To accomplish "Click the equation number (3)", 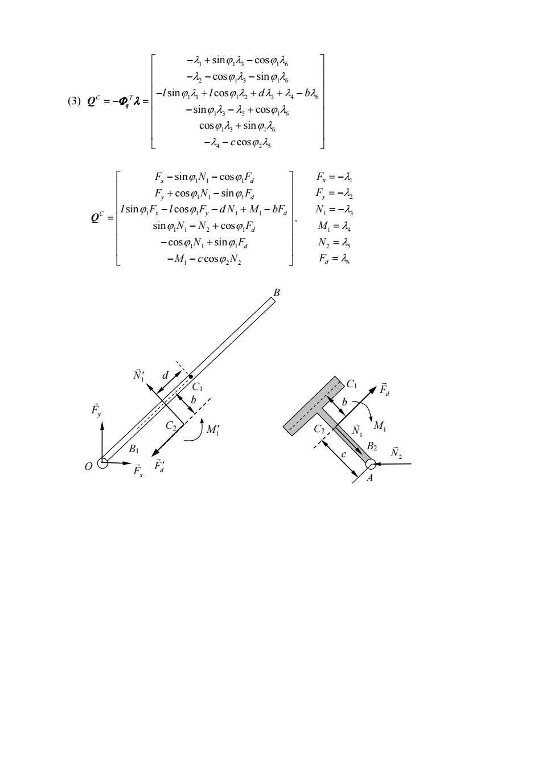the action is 74,101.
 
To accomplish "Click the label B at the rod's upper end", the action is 276,293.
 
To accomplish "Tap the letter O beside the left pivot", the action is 89,466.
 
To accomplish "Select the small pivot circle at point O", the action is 102,463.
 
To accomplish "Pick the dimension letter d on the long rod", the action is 165,376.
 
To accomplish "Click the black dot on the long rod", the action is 191,377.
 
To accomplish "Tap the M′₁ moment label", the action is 213,429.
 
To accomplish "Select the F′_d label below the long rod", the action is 159,465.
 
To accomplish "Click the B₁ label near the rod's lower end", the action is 134,449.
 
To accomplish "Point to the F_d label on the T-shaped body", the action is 384,389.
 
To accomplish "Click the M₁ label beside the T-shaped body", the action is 380,425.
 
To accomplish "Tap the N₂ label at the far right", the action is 396,452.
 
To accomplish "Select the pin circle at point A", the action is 370,464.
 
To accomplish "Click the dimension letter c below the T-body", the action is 343,455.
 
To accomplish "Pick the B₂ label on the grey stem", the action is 372,446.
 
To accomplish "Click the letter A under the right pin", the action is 369,478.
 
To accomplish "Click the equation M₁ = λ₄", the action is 334,226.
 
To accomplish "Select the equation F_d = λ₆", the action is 334,259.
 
